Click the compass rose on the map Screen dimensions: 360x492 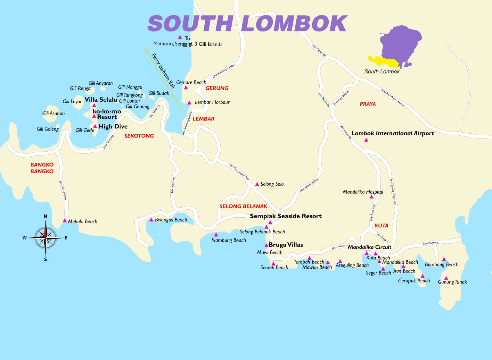pyautogui.click(x=46, y=238)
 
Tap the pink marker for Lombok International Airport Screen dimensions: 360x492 pyautogui.click(x=366, y=140)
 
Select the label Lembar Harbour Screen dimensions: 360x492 pyautogui.click(x=212, y=102)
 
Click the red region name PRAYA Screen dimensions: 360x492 pyautogui.click(x=367, y=104)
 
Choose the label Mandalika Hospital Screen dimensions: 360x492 pyautogui.click(x=363, y=192)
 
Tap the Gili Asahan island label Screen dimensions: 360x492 pyautogui.click(x=53, y=113)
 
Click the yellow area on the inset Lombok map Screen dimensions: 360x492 pyautogui.click(x=383, y=62)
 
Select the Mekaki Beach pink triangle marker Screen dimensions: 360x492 pyautogui.click(x=65, y=221)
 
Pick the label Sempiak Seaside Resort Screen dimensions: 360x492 pyautogui.click(x=285, y=216)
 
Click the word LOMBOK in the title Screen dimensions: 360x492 pyautogui.click(x=294, y=23)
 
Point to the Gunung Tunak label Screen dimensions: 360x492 pyautogui.click(x=452, y=282)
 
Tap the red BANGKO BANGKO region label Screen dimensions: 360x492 pyautogui.click(x=42, y=168)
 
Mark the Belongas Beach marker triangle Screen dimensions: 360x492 pyautogui.click(x=151, y=220)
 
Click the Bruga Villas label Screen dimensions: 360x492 pyautogui.click(x=286, y=245)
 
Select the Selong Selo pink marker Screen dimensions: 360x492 pyautogui.click(x=257, y=184)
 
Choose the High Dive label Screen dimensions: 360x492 pyautogui.click(x=113, y=127)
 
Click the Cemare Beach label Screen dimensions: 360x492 pyautogui.click(x=191, y=82)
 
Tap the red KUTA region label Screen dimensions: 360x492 pyautogui.click(x=381, y=226)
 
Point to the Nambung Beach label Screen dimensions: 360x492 pyautogui.click(x=229, y=240)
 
